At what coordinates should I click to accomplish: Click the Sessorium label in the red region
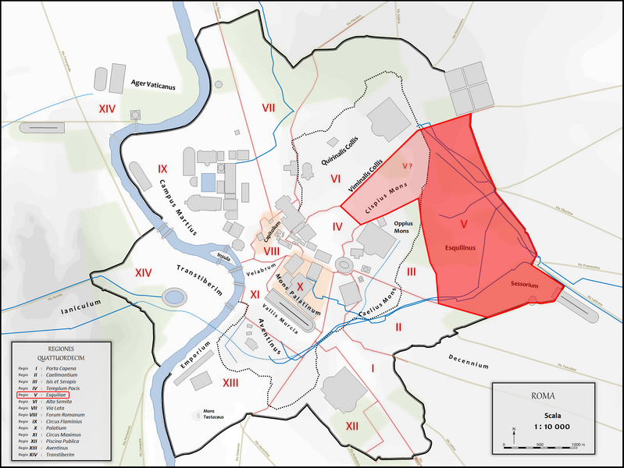click(524, 285)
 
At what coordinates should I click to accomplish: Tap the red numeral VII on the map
click(269, 107)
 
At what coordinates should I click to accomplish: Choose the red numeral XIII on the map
click(230, 383)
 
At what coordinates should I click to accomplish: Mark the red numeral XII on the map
click(351, 426)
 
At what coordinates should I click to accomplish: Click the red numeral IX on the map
click(162, 168)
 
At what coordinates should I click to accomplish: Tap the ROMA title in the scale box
click(543, 395)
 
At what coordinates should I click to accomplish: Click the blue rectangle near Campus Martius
click(207, 183)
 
